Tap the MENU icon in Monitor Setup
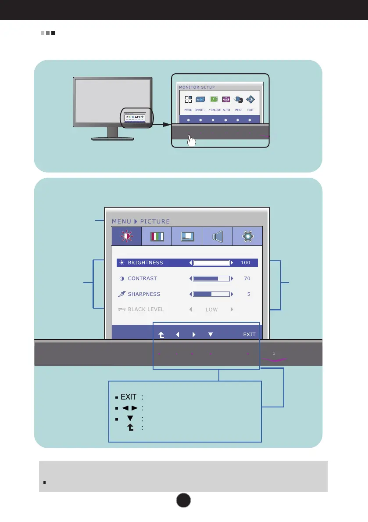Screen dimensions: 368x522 click(x=188, y=100)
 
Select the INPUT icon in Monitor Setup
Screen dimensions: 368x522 click(x=239, y=100)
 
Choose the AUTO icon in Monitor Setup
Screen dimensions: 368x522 click(x=226, y=100)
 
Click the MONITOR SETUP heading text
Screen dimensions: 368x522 click(x=197, y=87)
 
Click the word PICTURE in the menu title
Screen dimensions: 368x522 click(x=155, y=221)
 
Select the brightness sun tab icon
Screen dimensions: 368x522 click(x=127, y=236)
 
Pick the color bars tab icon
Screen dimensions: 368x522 click(x=157, y=236)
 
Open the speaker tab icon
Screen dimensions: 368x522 click(x=217, y=236)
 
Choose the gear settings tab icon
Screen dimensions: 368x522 click(x=247, y=236)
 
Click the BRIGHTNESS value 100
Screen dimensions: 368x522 click(x=245, y=263)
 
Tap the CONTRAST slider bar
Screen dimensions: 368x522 click(x=211, y=278)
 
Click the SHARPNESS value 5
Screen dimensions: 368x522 click(x=248, y=294)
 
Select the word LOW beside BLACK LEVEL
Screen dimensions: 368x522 click(x=211, y=310)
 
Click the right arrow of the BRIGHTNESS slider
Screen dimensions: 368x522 click(x=232, y=263)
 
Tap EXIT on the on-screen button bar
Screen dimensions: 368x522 click(x=249, y=335)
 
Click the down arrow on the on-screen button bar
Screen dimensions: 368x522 click(x=211, y=335)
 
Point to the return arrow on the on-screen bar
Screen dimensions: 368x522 click(x=161, y=335)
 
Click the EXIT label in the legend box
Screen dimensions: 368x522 click(x=129, y=397)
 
